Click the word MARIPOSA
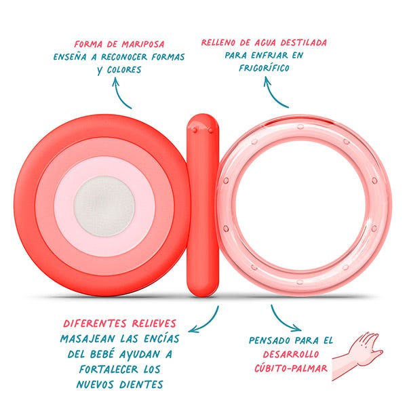click(143, 44)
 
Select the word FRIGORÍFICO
click(264, 68)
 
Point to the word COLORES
click(124, 70)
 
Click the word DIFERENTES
click(95, 324)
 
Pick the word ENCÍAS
click(161, 339)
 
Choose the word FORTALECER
click(109, 370)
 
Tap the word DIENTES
click(141, 385)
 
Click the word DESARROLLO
click(291, 354)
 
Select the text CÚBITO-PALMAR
click(291, 368)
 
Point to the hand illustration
click(357, 355)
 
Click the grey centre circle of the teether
click(104, 206)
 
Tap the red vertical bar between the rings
click(203, 206)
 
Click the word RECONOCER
click(124, 57)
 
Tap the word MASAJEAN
click(88, 339)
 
